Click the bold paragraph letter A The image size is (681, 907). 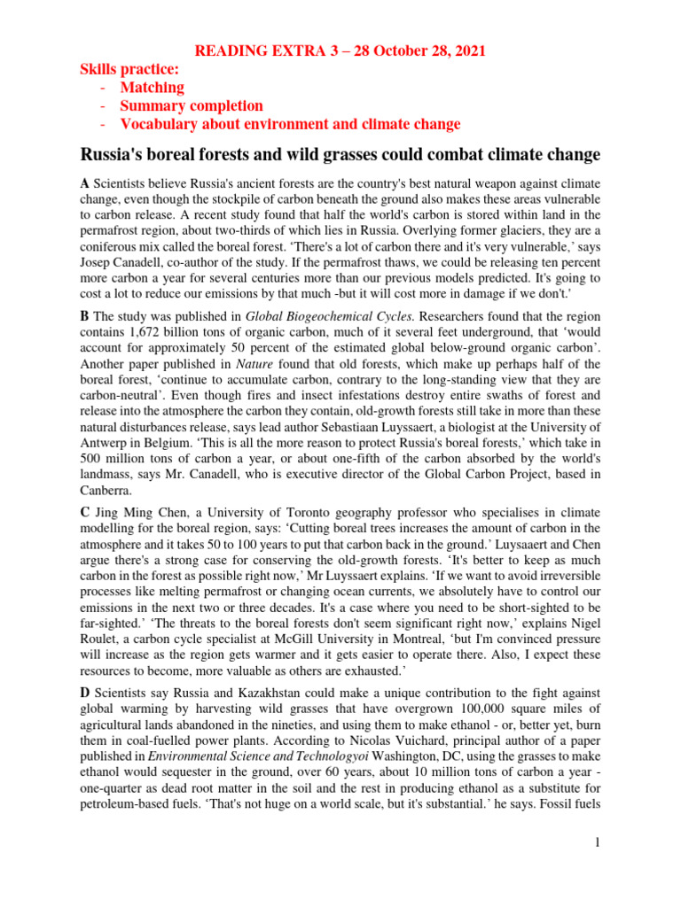pyautogui.click(x=85, y=182)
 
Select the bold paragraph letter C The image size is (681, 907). pyautogui.click(x=85, y=514)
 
